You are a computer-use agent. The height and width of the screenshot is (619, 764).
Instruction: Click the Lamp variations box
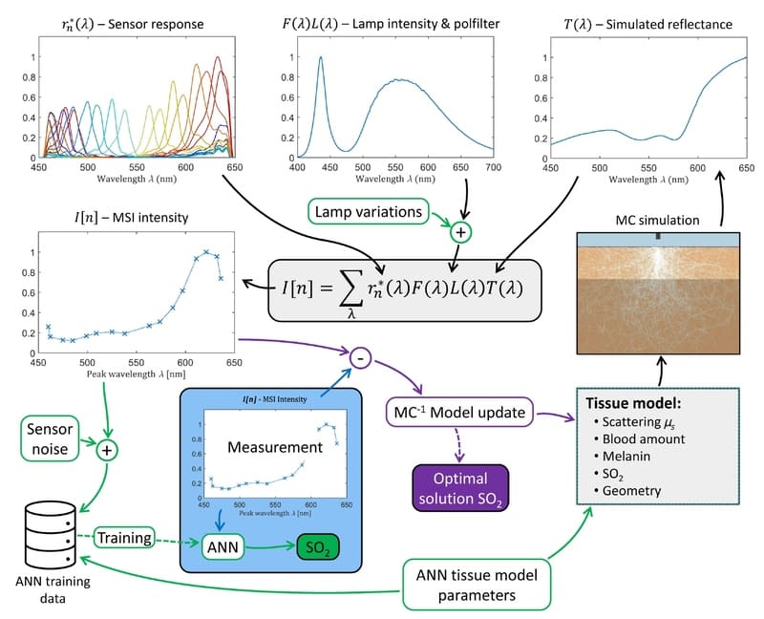[369, 211]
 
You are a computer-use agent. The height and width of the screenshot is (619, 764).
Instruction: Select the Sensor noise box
[50, 438]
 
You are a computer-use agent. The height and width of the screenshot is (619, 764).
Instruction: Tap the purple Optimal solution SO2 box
[460, 488]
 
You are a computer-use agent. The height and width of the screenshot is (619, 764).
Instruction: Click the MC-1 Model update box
[459, 413]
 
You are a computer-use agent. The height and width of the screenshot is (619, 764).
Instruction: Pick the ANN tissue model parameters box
[477, 585]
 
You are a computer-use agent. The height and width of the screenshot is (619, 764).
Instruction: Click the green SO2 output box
[318, 548]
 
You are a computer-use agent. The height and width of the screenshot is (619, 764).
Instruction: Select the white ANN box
[223, 546]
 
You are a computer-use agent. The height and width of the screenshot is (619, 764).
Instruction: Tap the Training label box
[124, 538]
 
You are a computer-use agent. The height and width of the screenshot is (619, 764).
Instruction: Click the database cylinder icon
[51, 536]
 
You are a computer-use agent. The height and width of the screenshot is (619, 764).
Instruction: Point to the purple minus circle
[361, 359]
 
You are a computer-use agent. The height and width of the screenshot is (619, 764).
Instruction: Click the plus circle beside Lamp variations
[460, 232]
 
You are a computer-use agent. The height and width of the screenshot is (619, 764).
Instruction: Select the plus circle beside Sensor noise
[107, 450]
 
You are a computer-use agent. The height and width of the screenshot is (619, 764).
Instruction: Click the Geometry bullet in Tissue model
[627, 491]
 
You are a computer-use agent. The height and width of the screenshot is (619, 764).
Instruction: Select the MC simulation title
[657, 221]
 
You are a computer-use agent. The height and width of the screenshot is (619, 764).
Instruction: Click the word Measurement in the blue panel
[275, 447]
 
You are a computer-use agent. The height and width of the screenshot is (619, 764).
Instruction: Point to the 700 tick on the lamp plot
[493, 167]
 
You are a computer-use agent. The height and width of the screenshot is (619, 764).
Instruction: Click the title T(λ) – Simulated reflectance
[647, 25]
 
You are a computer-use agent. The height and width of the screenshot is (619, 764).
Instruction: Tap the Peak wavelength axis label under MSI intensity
[136, 374]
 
